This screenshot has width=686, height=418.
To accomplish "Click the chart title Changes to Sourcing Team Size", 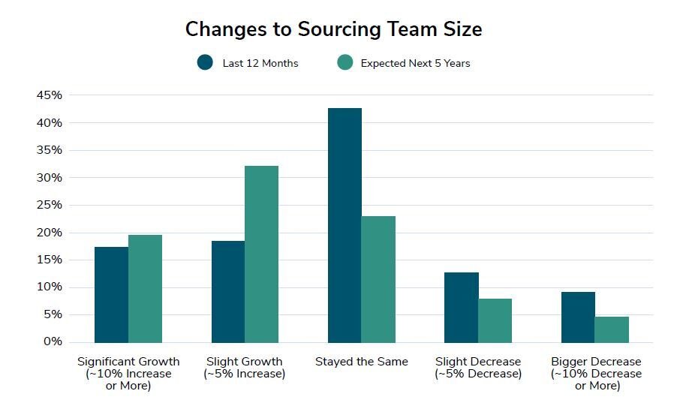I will [x=333, y=29].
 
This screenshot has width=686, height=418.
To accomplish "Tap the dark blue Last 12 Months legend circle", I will [x=205, y=63].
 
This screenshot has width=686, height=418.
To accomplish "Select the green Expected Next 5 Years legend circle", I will [x=345, y=63].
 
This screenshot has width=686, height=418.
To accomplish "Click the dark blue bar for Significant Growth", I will [x=111, y=295].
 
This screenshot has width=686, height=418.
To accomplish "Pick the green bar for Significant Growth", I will [x=145, y=289].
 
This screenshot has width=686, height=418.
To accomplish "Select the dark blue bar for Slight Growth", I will [x=228, y=292].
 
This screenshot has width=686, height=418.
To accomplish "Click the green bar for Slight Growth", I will [x=261, y=254].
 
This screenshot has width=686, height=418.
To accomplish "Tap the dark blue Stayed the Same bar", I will [x=345, y=225].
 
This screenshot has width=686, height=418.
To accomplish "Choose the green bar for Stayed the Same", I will [x=378, y=279].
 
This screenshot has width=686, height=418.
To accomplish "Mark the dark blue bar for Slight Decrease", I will [x=462, y=308].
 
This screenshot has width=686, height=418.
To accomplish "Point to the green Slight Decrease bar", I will [x=495, y=320].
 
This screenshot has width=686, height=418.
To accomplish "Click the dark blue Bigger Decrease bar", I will [x=578, y=317].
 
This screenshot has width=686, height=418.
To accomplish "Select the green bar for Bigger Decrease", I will [x=612, y=329].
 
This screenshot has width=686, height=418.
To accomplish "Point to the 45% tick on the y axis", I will [x=49, y=95].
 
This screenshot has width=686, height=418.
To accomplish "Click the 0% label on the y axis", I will [x=52, y=342].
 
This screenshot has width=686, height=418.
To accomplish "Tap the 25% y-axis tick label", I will [x=49, y=205].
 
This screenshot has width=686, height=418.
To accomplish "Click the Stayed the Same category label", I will [x=362, y=362].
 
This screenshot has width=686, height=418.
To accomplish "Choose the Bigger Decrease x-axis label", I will [x=596, y=374].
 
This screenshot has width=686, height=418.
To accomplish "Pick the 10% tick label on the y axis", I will [x=49, y=287].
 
